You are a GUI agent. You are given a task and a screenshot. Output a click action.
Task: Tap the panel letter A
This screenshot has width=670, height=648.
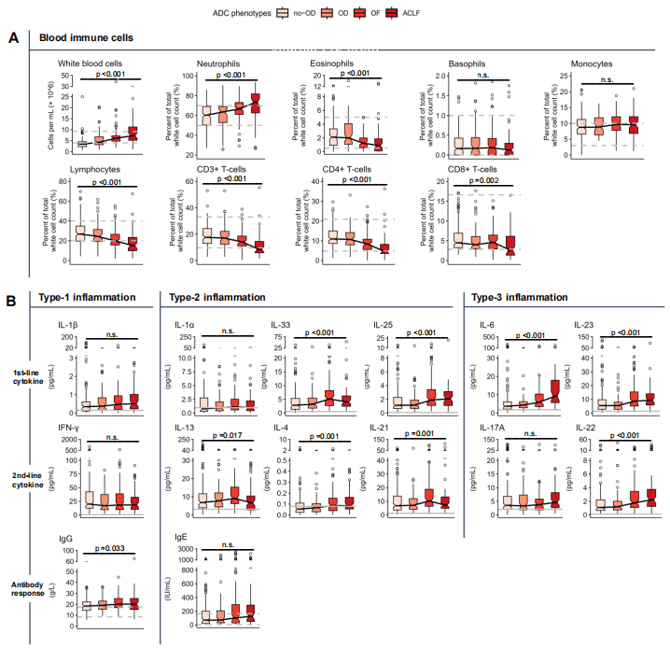[12, 38]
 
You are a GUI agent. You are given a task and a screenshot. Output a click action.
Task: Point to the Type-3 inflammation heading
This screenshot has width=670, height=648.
[525, 298]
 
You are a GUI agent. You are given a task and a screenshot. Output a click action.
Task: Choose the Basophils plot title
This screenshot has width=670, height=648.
[467, 63]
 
